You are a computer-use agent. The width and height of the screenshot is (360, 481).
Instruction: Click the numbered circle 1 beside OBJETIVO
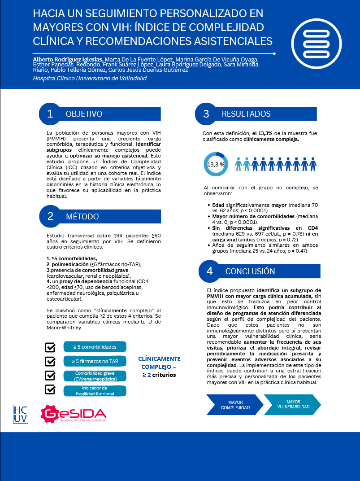[x=50, y=114]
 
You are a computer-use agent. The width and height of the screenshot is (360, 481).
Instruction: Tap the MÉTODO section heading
[x=82, y=217]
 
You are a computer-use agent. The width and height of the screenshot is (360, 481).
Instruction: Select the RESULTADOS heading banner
[x=246, y=114]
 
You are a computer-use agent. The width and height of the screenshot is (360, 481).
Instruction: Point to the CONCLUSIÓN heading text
[x=250, y=271]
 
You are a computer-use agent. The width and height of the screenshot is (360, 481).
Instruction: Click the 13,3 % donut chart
[x=216, y=164]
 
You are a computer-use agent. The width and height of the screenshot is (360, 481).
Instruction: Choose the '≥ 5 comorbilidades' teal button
[x=95, y=347]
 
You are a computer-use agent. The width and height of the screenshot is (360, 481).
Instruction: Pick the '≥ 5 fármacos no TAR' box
[x=95, y=361]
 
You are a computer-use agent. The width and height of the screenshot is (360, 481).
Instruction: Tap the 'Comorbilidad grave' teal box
[x=95, y=376]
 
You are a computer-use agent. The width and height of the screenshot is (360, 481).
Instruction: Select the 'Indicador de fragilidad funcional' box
[x=95, y=391]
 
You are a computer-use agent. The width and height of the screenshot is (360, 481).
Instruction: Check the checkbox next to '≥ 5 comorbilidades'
[x=51, y=347]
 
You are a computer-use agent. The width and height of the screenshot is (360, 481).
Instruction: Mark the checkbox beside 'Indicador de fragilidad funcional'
[x=51, y=389]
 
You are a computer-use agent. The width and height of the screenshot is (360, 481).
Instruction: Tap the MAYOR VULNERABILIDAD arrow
[x=293, y=405]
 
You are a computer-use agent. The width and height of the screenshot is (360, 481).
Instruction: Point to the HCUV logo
[x=20, y=414]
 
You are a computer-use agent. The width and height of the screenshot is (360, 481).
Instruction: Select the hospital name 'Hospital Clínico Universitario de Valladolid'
[x=90, y=78]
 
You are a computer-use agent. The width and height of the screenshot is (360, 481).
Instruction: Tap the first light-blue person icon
[x=239, y=164]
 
